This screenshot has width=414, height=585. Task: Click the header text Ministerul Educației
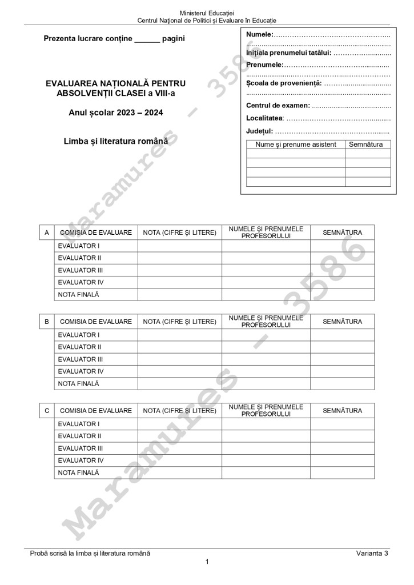207,13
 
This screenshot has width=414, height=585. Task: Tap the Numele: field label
260,35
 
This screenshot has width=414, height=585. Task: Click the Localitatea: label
265,118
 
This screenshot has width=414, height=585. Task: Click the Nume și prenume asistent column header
296,145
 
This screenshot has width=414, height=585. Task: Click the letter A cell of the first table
46,233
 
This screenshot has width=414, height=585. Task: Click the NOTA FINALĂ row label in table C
78,472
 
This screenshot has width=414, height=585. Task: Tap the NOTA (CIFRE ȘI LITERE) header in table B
179,322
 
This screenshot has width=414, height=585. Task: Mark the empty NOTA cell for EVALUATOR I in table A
179,246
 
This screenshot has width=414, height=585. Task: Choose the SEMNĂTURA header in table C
342,411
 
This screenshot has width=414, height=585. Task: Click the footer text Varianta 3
371,553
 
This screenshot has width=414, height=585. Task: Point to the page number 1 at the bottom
207,562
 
